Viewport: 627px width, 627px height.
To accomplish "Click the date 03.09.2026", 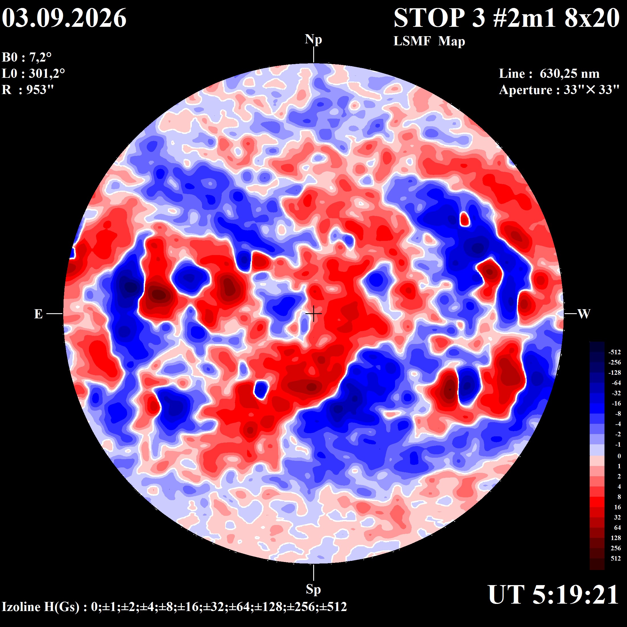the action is [64, 18].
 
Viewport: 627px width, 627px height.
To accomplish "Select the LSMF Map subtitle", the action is [429, 42].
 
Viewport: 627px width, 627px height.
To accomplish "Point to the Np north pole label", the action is [313, 40].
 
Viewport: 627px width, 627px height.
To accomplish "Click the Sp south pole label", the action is [313, 589].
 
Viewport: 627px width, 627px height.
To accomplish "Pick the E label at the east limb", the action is [38, 314].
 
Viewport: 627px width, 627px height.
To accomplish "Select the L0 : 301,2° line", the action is [33, 74].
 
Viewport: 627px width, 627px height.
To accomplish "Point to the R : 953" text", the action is [28, 89].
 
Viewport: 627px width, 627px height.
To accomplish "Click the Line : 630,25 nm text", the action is [549, 74].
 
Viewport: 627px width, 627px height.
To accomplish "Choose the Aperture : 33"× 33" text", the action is [559, 90].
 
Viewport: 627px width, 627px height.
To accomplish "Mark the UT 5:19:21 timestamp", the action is [553, 595].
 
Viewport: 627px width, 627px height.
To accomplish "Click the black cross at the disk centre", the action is [313, 314].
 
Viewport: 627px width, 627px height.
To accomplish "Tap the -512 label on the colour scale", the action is [614, 352].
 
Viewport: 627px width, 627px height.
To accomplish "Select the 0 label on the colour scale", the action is [619, 456].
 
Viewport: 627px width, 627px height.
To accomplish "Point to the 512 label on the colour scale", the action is [616, 558].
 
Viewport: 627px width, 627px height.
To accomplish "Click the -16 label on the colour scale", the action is [616, 403].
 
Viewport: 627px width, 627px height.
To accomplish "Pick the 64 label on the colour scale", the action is [617, 527].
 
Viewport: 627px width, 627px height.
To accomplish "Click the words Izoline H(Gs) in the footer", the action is [40, 606].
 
